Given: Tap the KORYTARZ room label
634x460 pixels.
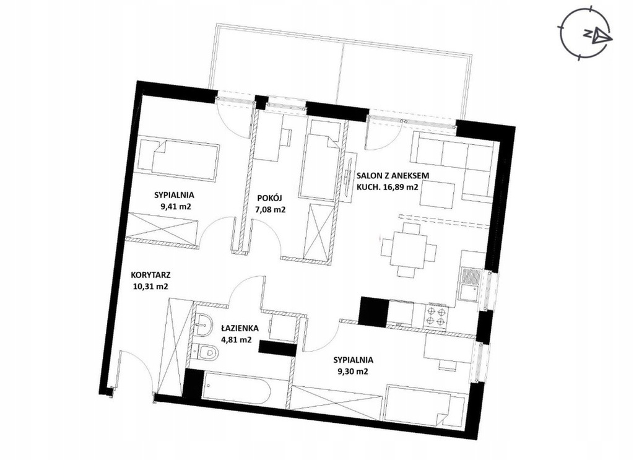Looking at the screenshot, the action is point(151,275).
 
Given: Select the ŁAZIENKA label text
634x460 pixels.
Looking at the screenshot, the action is point(240,329).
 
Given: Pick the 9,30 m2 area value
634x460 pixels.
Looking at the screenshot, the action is point(353,372).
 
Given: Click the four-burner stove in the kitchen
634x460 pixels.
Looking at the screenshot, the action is point(435,316).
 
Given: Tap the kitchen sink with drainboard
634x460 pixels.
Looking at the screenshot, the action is point(469,284).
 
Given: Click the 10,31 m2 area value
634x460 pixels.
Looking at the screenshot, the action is point(150,287).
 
